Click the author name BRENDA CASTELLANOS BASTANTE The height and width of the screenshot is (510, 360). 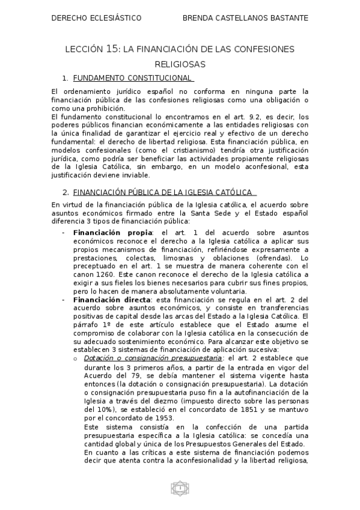[x=245, y=18]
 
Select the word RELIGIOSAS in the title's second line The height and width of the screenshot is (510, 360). [x=180, y=63]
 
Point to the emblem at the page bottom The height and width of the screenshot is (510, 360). [x=180, y=488]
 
